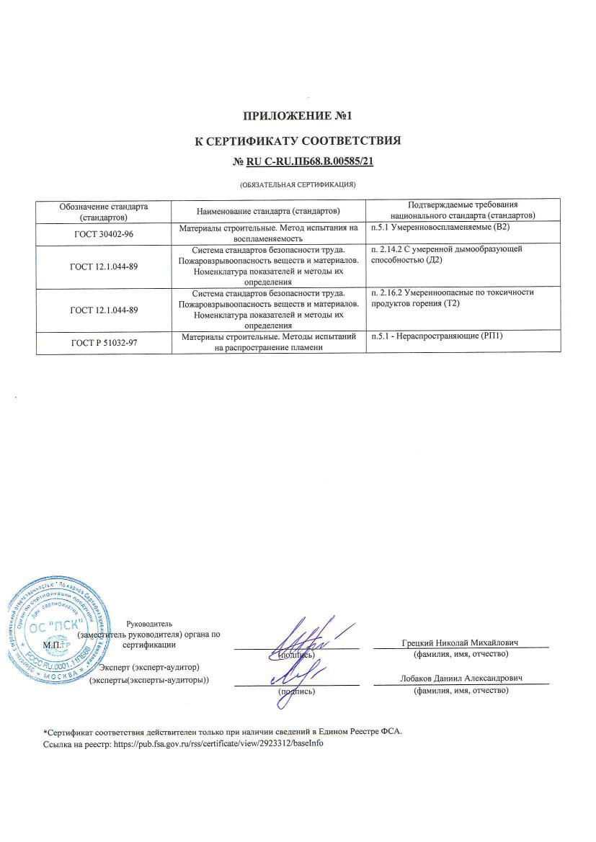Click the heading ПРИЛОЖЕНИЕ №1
(298, 115)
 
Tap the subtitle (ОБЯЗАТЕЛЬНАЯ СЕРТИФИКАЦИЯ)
(298, 185)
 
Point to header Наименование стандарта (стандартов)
(268, 211)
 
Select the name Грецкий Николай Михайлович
(461, 642)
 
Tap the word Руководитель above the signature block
(149, 624)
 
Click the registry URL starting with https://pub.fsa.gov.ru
(215, 743)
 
